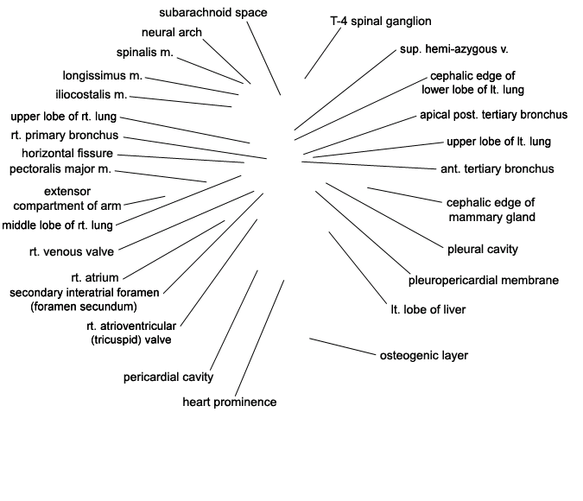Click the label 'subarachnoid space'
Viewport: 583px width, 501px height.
pos(212,12)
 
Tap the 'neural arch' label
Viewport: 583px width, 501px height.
pos(171,32)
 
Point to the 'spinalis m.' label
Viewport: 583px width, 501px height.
pos(145,53)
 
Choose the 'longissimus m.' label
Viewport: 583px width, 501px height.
pos(102,75)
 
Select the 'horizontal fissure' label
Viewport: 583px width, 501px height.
pos(67,153)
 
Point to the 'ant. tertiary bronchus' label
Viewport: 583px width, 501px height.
pos(497,168)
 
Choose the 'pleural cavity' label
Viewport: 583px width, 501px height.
pos(483,250)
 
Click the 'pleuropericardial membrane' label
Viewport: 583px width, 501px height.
pos(483,280)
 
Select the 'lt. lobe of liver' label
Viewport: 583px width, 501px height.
pos(428,308)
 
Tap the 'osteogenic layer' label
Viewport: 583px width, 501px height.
pos(423,355)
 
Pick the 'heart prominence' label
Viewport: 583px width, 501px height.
pos(230,402)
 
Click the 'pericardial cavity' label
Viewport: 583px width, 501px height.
pos(168,377)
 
